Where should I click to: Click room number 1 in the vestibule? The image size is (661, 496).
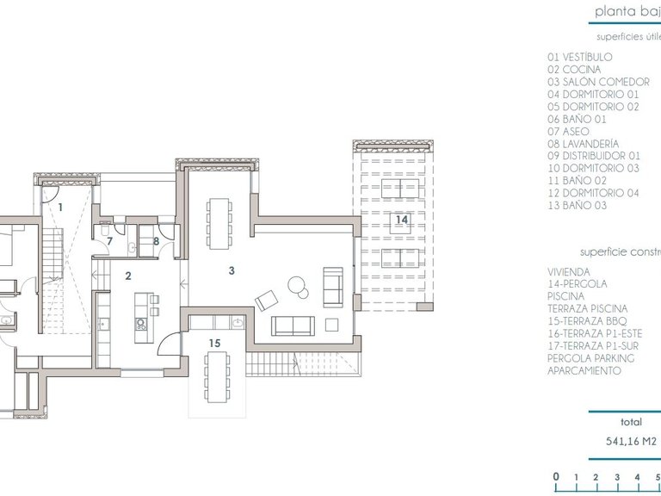pos(60,208)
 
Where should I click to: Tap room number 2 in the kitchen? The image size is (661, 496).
pos(128,276)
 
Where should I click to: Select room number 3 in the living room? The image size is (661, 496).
pos(232,270)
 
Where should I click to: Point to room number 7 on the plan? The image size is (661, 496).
pos(109,241)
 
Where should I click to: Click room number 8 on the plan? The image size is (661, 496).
pos(156,241)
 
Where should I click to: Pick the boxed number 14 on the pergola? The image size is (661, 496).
pos(401,220)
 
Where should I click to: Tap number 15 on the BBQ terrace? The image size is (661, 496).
pos(215,342)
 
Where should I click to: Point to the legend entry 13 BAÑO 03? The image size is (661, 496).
pos(577,206)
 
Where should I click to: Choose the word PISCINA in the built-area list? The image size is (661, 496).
pos(566,295)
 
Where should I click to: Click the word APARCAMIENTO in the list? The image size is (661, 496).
pos(584,370)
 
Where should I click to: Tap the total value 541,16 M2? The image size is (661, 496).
pos(632,442)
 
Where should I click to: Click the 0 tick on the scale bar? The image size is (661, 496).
pos(556,476)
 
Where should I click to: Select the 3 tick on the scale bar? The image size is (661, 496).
pos(617,476)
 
